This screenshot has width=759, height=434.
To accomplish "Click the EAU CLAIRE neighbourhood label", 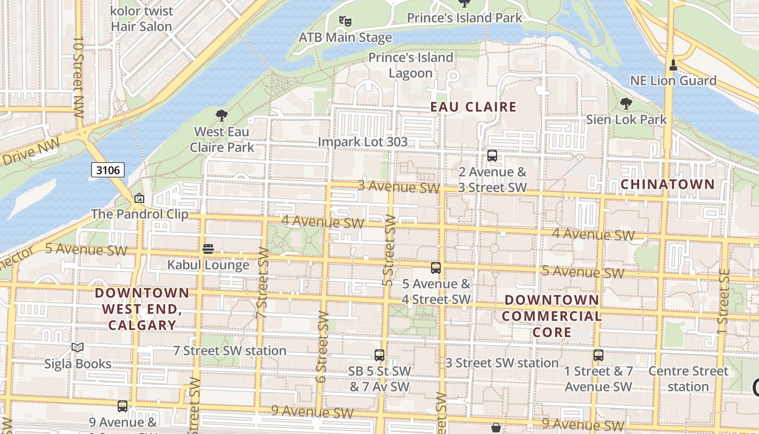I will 473,107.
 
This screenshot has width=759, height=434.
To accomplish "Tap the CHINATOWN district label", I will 667,184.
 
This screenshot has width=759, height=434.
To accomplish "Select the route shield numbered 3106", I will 107,170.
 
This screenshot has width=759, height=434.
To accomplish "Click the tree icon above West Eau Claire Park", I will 221,115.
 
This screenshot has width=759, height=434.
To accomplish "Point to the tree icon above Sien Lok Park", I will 626,103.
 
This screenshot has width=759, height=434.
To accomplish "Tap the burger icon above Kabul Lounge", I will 208,249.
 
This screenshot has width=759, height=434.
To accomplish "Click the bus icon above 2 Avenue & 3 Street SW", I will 492,156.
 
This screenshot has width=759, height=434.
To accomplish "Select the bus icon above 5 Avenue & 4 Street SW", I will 436,267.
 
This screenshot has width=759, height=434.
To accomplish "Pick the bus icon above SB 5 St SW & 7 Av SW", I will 379,355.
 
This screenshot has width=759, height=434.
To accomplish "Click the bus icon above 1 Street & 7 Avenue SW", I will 599,355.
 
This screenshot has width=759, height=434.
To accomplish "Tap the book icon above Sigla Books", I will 78,347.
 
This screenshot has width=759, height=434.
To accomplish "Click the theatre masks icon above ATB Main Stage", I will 345,21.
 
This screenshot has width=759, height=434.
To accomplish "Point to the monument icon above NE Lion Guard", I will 673,65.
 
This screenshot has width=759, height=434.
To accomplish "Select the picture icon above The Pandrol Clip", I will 139,199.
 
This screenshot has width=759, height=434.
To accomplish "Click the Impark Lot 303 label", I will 362,142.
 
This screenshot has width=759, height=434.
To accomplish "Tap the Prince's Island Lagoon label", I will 410,65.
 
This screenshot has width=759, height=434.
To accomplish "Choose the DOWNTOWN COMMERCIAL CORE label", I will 552,316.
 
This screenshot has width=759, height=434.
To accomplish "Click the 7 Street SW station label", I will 229,350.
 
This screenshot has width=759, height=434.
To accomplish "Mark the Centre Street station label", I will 688,379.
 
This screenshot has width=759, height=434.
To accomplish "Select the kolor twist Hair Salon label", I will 141,18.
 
